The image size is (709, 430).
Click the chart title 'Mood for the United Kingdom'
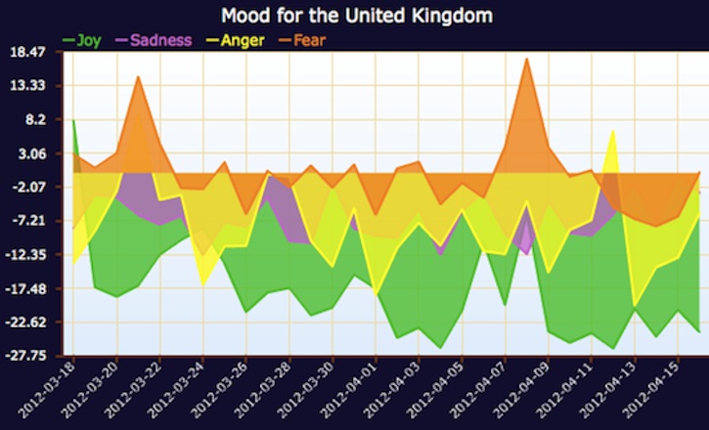coord(356,16)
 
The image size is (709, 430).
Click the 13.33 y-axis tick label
coord(31,86)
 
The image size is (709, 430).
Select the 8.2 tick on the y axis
coord(35,120)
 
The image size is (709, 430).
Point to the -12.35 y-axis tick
coord(29,255)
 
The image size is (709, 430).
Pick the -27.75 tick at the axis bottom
coord(29,356)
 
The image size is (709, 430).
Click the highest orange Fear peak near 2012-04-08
coord(526,61)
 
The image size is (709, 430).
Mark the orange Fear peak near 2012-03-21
coord(138,78)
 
